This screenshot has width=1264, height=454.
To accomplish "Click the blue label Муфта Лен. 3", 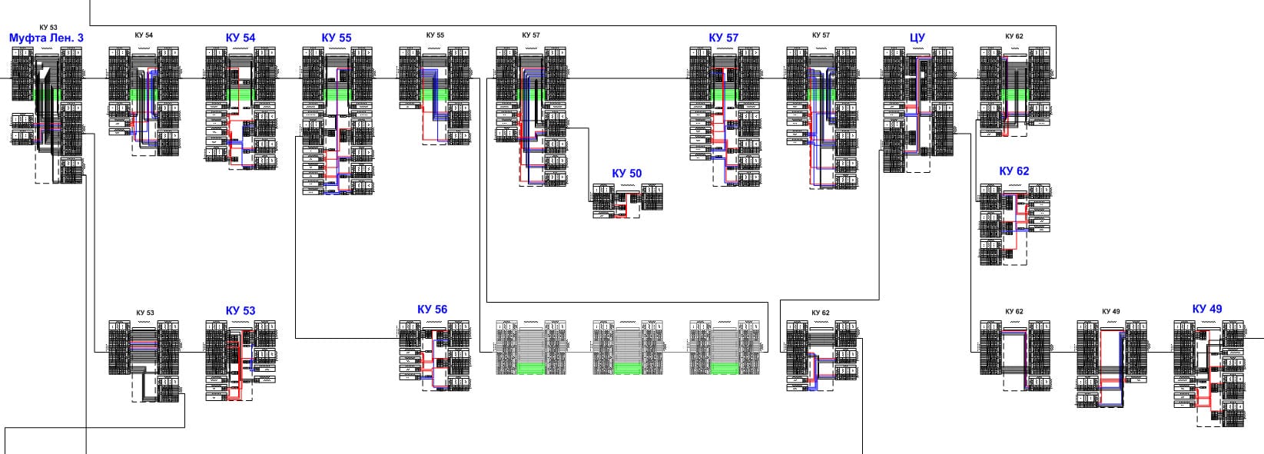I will [46, 38].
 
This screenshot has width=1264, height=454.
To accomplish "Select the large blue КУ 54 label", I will [241, 38].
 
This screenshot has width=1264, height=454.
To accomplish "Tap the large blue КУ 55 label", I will [337, 38].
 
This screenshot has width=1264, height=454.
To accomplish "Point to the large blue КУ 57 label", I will [723, 38].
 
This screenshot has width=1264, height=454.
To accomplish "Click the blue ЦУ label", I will [917, 38].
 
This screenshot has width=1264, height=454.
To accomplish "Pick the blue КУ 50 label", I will [626, 174].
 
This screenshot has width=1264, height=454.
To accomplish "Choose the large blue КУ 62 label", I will [1014, 171].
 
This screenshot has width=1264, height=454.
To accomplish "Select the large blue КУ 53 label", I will [241, 311].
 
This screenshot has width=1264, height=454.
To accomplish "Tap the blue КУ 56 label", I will [432, 310].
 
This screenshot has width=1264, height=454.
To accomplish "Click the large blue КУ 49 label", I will [1206, 309].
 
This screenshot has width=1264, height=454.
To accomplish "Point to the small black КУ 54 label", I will [144, 35].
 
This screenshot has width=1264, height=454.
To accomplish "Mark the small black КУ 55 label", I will [435, 35].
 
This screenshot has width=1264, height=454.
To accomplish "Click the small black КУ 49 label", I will [1110, 311].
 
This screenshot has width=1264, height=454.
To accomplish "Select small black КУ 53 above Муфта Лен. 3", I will [48, 28].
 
